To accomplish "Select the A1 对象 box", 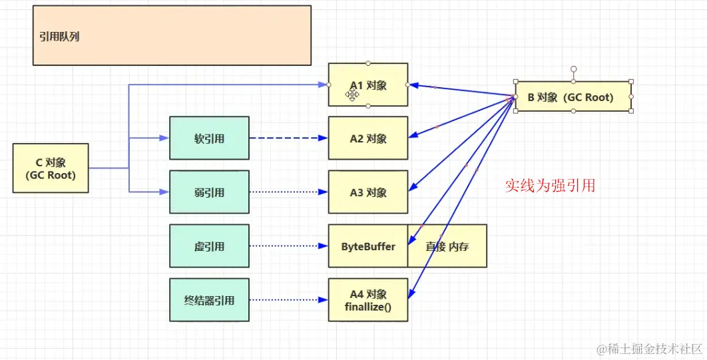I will (x=368, y=85).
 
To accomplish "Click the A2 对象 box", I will (x=368, y=138).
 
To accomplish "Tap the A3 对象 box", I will (x=368, y=192).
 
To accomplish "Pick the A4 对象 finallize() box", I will (x=368, y=300).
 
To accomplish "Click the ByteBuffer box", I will (x=368, y=246).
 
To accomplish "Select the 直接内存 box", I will (x=447, y=246).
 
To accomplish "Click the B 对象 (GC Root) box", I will (x=573, y=97).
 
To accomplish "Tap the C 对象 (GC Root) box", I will (x=51, y=168).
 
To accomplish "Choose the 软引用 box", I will (x=209, y=138).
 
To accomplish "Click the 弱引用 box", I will (x=209, y=192).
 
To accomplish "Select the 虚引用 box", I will (x=209, y=246).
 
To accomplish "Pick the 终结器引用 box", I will (x=209, y=300).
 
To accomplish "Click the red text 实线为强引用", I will (x=550, y=186).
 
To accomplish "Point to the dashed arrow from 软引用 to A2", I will (x=288, y=138).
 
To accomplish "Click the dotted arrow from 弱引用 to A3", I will (x=288, y=192).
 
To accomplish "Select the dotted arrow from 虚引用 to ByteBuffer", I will (x=288, y=246).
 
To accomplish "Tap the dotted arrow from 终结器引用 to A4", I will (x=288, y=300).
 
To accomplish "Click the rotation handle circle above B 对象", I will (x=573, y=69).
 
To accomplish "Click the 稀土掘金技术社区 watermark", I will (x=650, y=349).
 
